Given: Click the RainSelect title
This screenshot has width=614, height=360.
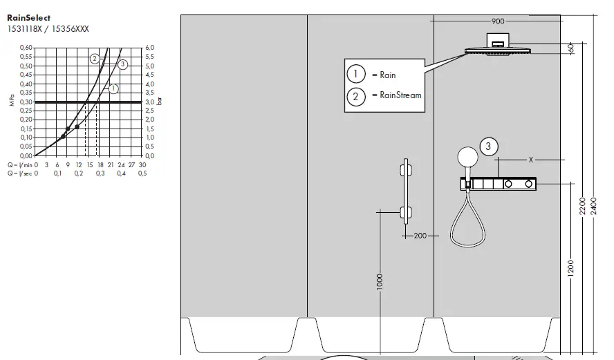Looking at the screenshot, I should coord(28,18).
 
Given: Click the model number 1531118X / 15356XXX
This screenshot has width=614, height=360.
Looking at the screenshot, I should coord(48,29).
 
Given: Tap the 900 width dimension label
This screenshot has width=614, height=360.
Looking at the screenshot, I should coord(498,21).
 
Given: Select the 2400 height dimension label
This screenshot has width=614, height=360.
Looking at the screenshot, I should coord(593,206).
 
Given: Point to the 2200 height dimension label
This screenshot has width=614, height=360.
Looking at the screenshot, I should coord(582,206).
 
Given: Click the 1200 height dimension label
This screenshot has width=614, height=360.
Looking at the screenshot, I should coord(570,267).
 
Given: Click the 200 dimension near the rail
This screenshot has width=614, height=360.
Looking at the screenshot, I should coord(420,236).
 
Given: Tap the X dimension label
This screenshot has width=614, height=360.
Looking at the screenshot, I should coord(530,160).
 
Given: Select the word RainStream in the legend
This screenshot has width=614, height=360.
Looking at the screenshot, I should coord(396,96).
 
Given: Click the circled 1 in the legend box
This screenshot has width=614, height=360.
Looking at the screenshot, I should coord(355,75).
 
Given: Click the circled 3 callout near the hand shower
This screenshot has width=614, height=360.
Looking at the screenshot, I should coord(489,146).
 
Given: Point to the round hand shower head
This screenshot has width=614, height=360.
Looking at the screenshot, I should coord(468,157).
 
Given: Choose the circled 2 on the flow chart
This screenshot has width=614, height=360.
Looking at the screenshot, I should coord(95,59).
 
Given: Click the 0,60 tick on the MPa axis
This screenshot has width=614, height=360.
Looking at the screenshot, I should coord(26,48).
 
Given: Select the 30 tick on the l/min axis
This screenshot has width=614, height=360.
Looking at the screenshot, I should coord(142,165).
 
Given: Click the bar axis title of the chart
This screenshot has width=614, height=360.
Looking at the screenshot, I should coord(160,101).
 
